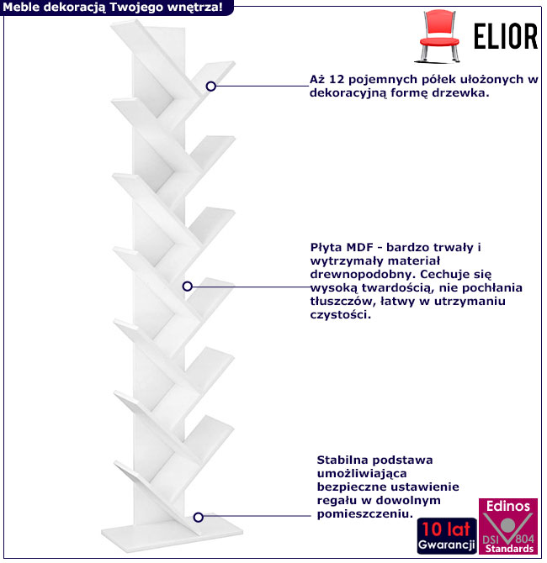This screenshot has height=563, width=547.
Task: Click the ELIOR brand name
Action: tap(505, 35)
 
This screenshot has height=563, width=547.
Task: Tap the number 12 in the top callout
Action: tap(335, 81)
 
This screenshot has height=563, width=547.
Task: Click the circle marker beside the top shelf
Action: tap(211, 86)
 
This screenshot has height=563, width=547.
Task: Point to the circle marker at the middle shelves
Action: tap(187, 287)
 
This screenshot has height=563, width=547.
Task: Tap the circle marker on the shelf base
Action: tap(199, 518)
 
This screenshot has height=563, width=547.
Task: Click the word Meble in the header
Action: tap(21, 7)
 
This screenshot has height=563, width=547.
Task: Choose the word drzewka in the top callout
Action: tap(462, 94)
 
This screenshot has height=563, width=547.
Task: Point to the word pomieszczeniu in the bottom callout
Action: tap(364, 513)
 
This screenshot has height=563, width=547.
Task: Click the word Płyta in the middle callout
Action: tap(325, 248)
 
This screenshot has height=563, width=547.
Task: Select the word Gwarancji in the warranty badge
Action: tap(444, 545)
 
